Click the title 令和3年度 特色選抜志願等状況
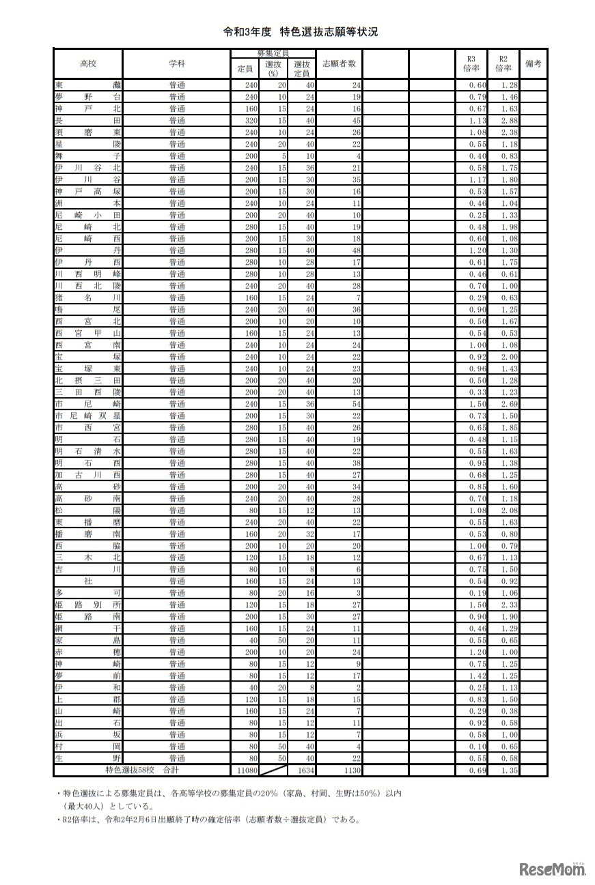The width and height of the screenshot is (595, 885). (301, 32)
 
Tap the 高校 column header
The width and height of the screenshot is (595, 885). (88, 63)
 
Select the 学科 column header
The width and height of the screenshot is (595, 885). (177, 63)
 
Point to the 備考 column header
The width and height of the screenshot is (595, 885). (534, 63)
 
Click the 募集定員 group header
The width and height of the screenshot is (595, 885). (273, 53)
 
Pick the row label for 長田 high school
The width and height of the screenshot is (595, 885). (88, 120)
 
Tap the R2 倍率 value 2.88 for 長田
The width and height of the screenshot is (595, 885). (503, 120)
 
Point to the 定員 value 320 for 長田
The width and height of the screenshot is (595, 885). (245, 120)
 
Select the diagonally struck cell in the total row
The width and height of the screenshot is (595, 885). (273, 770)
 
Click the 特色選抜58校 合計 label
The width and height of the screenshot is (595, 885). (142, 770)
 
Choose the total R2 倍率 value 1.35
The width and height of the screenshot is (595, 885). (503, 770)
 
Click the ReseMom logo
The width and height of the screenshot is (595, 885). (552, 869)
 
